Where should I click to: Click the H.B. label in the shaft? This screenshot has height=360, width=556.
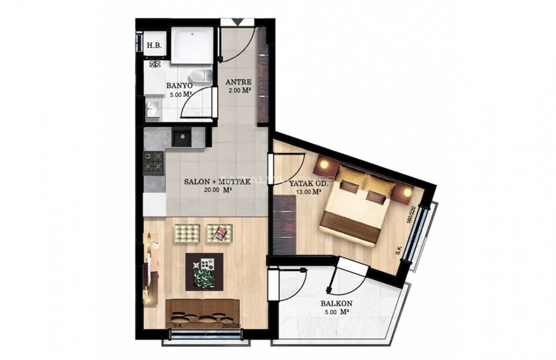point(154,46)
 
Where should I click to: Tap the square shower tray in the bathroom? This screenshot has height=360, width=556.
point(192,44)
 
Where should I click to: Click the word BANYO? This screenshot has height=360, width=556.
point(179,86)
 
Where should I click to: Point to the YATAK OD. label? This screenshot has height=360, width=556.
point(306,184)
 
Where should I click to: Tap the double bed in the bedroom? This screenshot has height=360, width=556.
point(359,204)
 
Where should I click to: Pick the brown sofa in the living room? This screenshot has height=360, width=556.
point(201,312)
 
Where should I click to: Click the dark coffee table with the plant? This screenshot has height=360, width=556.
point(205,270)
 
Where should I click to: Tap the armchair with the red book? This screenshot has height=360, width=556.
point(218,232)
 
